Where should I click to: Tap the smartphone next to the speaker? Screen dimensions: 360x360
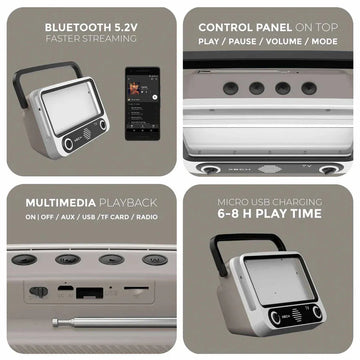pos(142,104)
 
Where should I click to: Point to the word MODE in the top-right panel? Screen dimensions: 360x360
pos(324,42)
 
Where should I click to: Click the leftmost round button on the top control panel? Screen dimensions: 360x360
pos(231,88)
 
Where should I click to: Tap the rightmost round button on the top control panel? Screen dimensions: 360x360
pos(309,88)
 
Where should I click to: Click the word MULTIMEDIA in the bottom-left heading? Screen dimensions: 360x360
pos(60,203)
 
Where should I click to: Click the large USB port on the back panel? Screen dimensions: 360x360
pos(89,292)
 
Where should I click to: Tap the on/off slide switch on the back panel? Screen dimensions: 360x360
pos(38,292)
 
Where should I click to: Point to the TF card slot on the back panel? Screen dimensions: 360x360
pos(136,288)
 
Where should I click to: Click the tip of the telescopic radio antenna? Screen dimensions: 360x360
pos(54,322)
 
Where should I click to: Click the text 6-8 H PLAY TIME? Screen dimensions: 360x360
pos(269,214)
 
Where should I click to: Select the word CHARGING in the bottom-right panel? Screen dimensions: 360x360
pos(297,202)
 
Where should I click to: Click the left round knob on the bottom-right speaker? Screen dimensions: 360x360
pos(275,317)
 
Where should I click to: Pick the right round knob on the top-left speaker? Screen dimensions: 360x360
pos(103,125)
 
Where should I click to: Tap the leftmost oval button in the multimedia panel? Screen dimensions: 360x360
pos(24,260)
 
